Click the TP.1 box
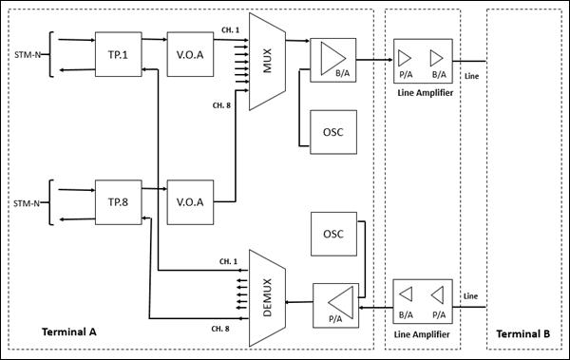[118, 53]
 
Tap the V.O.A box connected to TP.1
[191, 53]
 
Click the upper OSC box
[333, 132]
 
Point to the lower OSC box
[333, 234]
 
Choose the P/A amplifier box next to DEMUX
[333, 303]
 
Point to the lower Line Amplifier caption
[423, 333]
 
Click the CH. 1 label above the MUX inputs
[228, 28]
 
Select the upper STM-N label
[26, 54]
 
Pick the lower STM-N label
[26, 201]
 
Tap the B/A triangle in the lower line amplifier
[406, 294]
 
